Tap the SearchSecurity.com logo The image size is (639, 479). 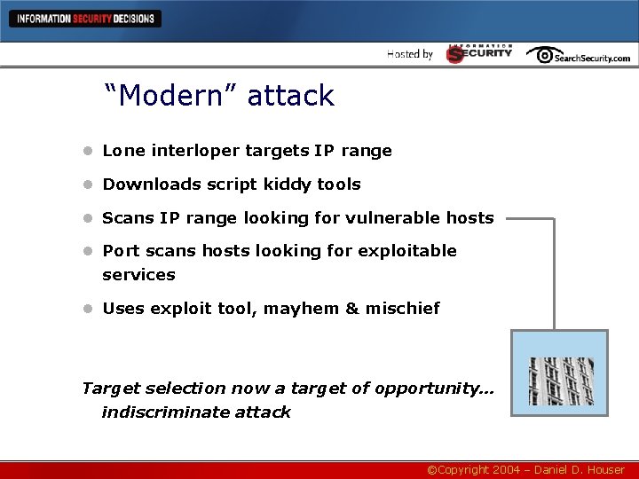pyautogui.click(x=578, y=55)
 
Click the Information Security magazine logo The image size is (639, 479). pyautogui.click(x=479, y=53)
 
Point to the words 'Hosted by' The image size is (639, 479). pyautogui.click(x=410, y=54)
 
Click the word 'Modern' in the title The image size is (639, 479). pyautogui.click(x=171, y=96)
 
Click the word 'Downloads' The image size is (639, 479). pyautogui.click(x=144, y=185)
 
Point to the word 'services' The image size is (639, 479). pyautogui.click(x=138, y=275)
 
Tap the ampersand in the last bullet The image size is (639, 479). pyautogui.click(x=351, y=309)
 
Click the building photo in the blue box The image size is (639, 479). pyautogui.click(x=561, y=381)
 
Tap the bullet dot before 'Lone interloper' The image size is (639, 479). pyautogui.click(x=88, y=151)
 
